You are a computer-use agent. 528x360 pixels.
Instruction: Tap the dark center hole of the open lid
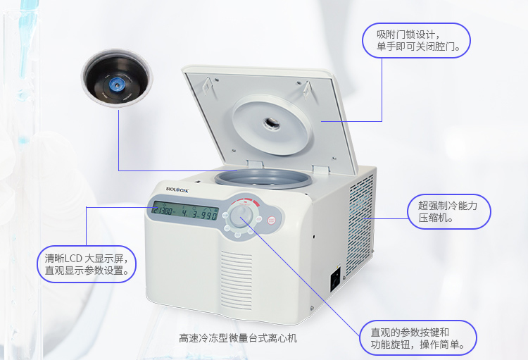271,124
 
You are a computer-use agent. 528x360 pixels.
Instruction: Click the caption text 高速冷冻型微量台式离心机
238,338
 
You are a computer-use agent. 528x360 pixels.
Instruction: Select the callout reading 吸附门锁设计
415,40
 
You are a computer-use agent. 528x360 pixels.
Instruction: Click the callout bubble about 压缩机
448,211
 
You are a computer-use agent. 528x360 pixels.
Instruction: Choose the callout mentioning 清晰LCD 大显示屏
87,263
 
